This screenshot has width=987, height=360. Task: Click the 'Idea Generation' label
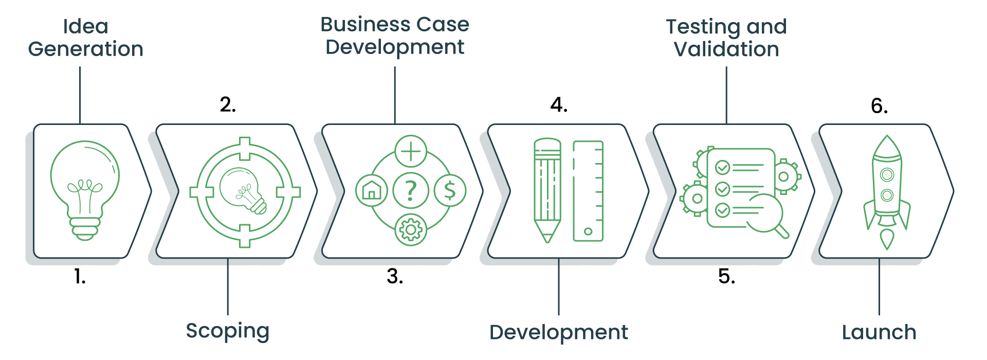[86, 38]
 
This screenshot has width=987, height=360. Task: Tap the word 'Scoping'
[228, 331]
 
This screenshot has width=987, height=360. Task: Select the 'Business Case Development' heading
[395, 35]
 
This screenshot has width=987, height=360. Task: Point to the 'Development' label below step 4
[559, 332]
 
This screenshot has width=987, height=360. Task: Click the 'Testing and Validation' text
[726, 38]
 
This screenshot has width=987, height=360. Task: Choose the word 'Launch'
[879, 332]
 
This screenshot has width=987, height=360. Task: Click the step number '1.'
[80, 277]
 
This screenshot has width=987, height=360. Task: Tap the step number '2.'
[228, 104]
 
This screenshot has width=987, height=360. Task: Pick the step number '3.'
[395, 277]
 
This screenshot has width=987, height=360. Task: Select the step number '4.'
[559, 105]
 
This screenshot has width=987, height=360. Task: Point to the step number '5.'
[726, 277]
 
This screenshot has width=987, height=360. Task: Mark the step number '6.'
[879, 106]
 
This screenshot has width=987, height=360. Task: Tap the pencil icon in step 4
[547, 190]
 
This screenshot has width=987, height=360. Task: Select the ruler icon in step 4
[588, 191]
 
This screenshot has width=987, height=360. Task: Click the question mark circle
[410, 190]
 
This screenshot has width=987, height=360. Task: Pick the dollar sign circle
[450, 190]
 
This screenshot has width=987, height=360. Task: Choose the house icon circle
[371, 190]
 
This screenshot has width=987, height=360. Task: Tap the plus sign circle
[411, 151]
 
